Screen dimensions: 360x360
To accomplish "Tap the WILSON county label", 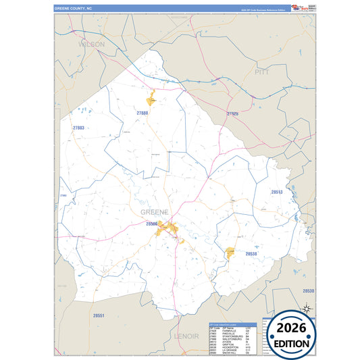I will click(x=92, y=44).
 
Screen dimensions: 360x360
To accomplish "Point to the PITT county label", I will click(x=261, y=71).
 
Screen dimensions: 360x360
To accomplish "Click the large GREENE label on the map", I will click(x=155, y=211).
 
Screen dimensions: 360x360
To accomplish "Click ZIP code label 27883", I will click(x=78, y=128).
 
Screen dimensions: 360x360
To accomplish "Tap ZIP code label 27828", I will click(x=232, y=113).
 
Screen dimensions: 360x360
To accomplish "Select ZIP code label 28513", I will click(x=277, y=192).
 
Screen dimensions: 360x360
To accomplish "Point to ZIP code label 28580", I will click(x=150, y=223).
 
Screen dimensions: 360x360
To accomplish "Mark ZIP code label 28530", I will click(x=308, y=290).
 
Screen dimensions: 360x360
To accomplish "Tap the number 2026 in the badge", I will click(x=292, y=328).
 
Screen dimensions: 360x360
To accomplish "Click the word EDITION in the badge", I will click(x=292, y=343).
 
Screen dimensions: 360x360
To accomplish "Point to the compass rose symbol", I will click(x=307, y=309).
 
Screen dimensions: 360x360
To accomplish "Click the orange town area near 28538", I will click(x=230, y=253).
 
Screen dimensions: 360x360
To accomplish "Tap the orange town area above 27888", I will click(x=151, y=97).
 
